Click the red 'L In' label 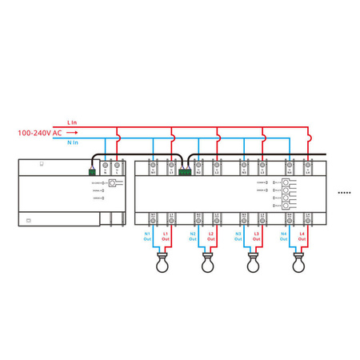click(72, 122)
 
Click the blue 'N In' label click(72, 141)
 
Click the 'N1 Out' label click(147, 236)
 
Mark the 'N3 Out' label click(238, 236)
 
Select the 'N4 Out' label click(283, 236)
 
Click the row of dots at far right click(345, 193)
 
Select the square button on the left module click(113, 184)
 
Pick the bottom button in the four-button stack click(286, 206)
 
